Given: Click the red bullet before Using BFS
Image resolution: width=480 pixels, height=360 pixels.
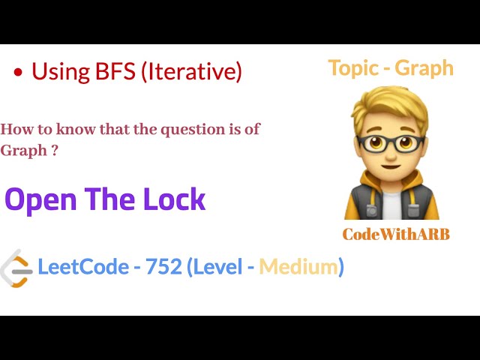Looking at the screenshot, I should pos(18,73).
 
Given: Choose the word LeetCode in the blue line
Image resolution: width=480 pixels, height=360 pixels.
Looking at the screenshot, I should pos(82,266).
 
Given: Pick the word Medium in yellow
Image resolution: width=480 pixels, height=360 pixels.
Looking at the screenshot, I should pos(298,266).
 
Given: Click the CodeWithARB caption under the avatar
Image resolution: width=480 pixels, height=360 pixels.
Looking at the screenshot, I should pos(396,234).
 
